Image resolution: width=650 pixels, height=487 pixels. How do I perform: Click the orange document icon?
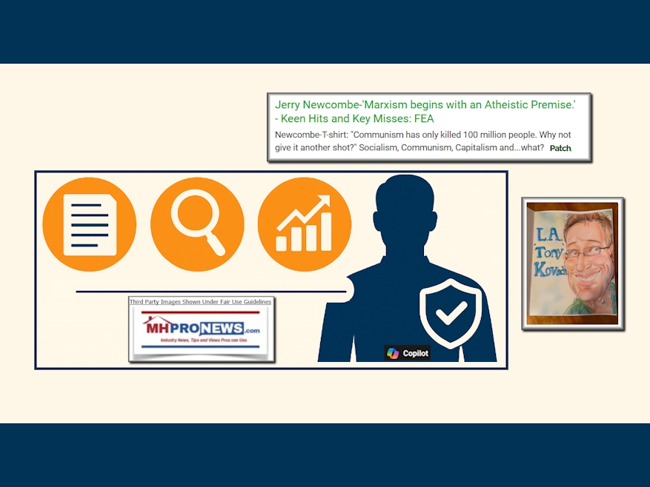click(x=90, y=224)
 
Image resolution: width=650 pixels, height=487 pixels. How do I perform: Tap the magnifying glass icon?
click(x=197, y=224)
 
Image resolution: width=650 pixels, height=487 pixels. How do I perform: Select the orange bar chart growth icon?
click(x=305, y=224)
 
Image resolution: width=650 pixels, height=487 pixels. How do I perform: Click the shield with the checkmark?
click(x=451, y=312)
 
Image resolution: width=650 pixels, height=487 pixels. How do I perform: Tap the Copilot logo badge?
click(x=407, y=353)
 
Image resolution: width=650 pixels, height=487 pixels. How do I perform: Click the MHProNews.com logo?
click(x=201, y=329)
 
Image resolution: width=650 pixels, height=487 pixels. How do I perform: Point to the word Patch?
click(x=560, y=148)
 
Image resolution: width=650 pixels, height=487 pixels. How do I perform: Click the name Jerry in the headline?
click(x=288, y=105)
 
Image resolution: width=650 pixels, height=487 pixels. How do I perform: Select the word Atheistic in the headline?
click(x=505, y=104)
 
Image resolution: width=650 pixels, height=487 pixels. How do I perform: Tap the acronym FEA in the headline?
click(x=424, y=118)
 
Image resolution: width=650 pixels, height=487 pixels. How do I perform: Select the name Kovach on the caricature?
click(x=551, y=269)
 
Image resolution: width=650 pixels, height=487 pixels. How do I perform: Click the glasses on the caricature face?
click(x=588, y=251)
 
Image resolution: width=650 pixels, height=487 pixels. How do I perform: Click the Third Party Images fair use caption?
click(x=200, y=302)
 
